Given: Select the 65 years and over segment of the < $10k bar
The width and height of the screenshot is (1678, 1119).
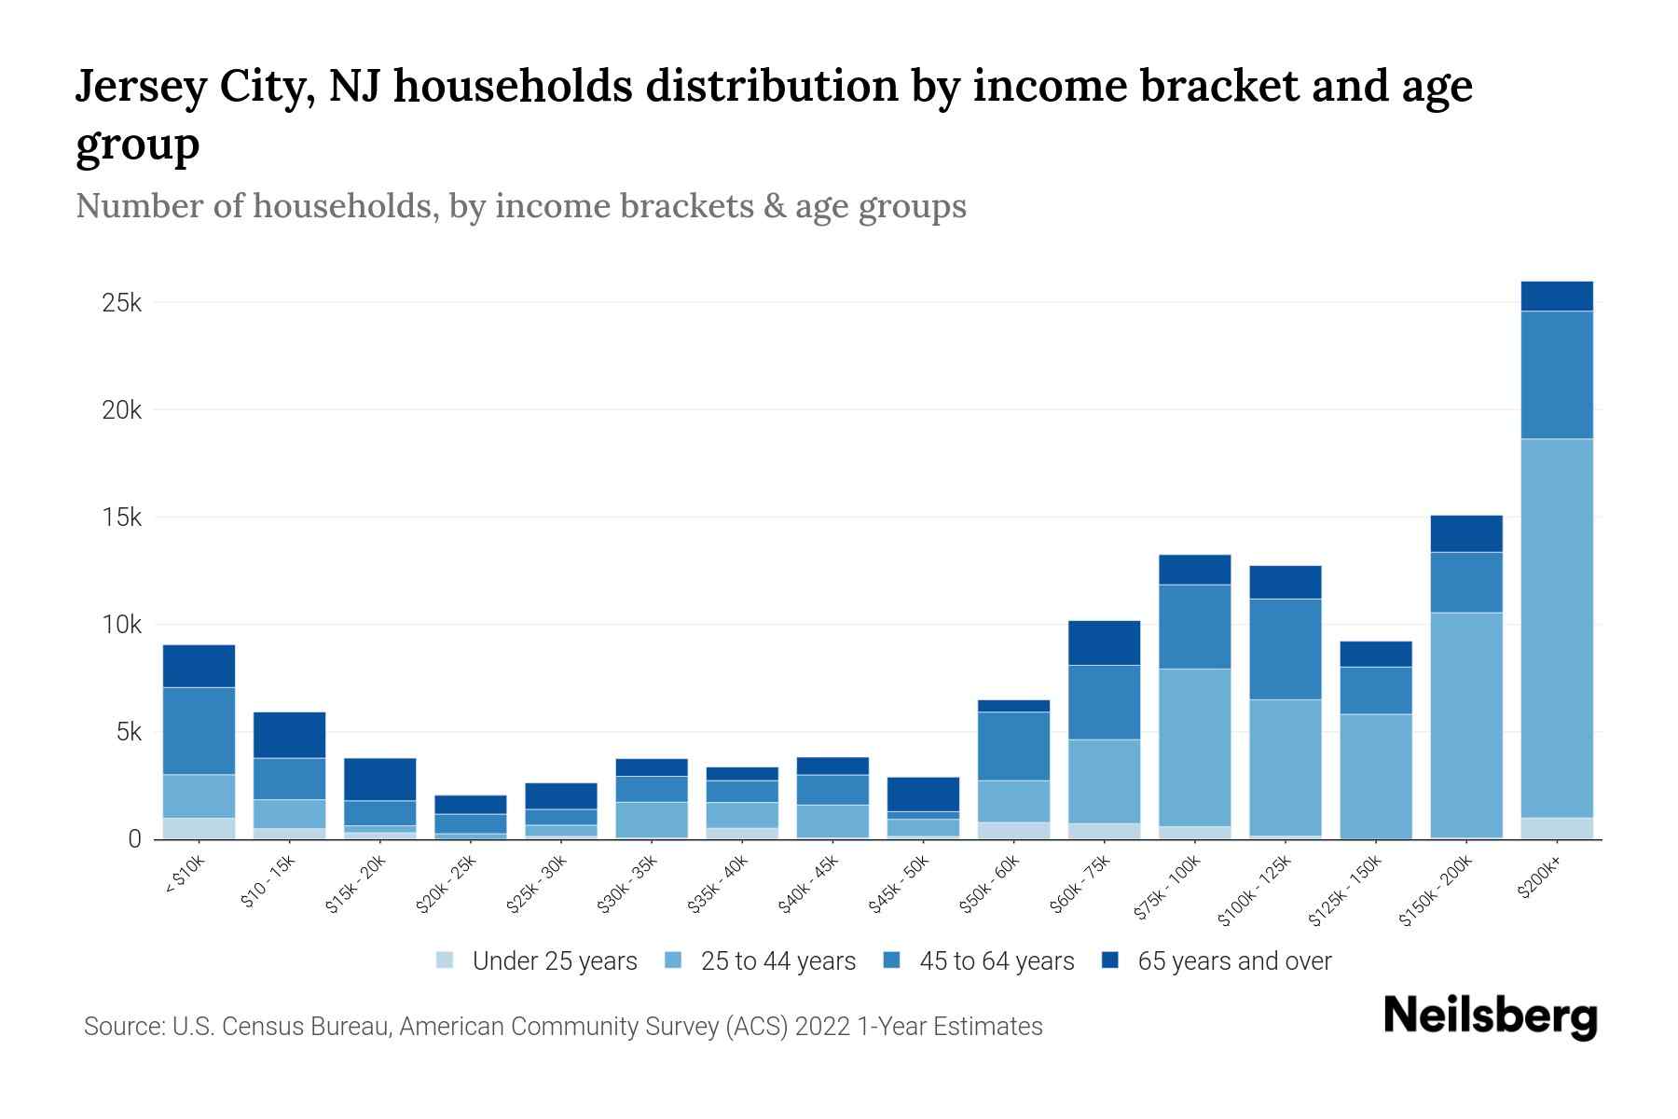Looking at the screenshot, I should pyautogui.click(x=199, y=666).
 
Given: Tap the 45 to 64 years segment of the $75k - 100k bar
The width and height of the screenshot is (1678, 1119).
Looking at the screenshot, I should pyautogui.click(x=1194, y=627).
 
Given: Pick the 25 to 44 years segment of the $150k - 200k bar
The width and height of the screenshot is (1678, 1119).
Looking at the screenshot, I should pyautogui.click(x=1465, y=725).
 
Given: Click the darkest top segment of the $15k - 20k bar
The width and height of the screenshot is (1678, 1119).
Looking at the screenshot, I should pyautogui.click(x=379, y=779).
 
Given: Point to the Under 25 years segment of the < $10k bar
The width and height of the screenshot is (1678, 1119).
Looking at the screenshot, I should pyautogui.click(x=199, y=828).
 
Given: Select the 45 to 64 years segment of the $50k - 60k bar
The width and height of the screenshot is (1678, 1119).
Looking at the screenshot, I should pyautogui.click(x=1013, y=746).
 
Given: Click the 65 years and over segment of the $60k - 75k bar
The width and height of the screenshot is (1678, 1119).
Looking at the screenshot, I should pyautogui.click(x=1104, y=642).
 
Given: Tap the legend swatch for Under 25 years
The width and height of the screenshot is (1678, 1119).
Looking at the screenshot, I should pyautogui.click(x=446, y=960).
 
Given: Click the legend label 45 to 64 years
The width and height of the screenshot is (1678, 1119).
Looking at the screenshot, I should pyautogui.click(x=996, y=960).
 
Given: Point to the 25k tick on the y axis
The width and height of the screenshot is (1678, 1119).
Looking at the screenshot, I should pyautogui.click(x=122, y=303).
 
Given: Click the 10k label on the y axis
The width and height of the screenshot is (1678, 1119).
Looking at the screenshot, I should pyautogui.click(x=122, y=625).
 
